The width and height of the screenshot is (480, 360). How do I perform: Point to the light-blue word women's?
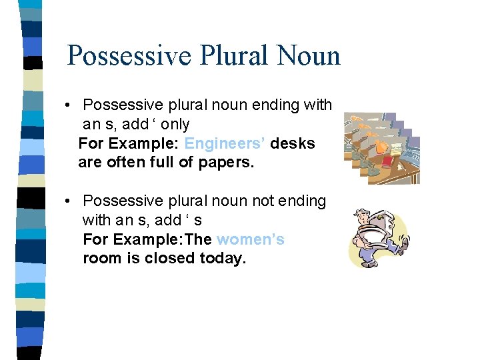pos(251,239)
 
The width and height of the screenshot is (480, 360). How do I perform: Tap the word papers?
pos(227,163)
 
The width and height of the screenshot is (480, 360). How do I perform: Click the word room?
pos(103,258)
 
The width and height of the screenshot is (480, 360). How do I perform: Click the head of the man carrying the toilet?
pos(363,217)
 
